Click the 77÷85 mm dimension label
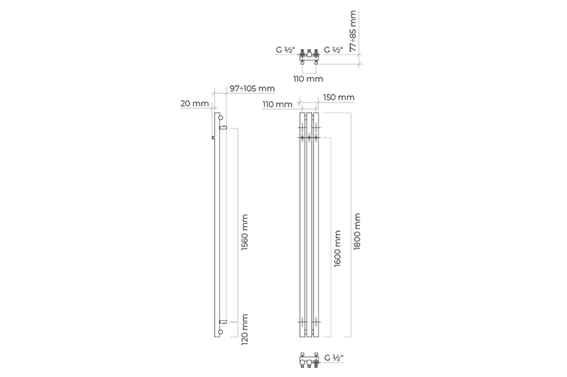[x=353, y=31]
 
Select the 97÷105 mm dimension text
[x=252, y=88]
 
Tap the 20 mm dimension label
[x=195, y=104]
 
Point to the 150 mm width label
[x=338, y=97]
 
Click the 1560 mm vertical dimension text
[x=244, y=233]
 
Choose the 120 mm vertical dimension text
[x=244, y=329]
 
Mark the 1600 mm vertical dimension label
[x=337, y=248]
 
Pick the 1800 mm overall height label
[x=357, y=231]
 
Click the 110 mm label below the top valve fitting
[x=308, y=79]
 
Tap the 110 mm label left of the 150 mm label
[x=278, y=104]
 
